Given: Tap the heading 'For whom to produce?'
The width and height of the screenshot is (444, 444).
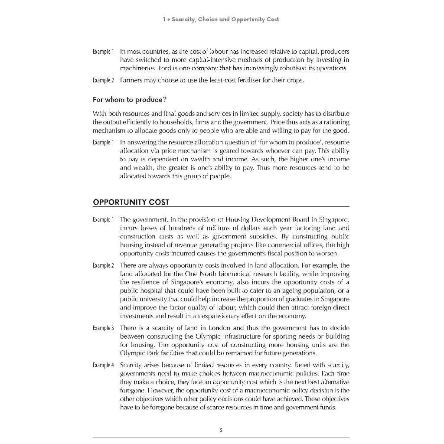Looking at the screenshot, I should (x=130, y=100).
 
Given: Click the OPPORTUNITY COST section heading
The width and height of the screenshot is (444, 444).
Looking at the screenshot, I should (x=131, y=202).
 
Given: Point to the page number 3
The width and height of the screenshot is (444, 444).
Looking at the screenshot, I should (x=221, y=430).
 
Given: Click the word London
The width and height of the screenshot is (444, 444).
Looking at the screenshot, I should (x=222, y=328).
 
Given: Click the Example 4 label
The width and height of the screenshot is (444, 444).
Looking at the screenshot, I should (x=103, y=365).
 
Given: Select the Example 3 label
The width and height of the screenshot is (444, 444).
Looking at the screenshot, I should (x=103, y=328).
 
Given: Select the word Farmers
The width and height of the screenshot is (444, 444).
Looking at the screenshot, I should (x=131, y=80).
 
